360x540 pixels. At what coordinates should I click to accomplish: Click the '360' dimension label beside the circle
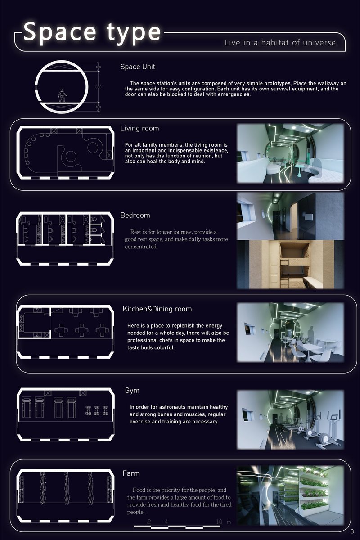click(99, 87)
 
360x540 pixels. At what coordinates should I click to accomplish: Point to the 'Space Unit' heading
click(138, 67)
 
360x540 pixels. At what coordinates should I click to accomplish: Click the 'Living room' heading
click(139, 129)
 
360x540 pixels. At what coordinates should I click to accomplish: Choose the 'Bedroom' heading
click(135, 216)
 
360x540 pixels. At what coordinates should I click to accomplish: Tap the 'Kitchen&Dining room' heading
click(157, 309)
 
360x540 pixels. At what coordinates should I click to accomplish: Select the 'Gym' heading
click(132, 391)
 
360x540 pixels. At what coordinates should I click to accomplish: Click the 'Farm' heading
click(131, 473)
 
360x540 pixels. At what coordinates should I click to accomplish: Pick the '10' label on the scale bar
click(219, 522)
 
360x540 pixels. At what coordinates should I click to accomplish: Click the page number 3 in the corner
click(352, 531)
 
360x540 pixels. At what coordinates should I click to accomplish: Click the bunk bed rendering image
click(290, 264)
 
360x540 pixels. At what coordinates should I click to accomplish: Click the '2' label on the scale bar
click(149, 522)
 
